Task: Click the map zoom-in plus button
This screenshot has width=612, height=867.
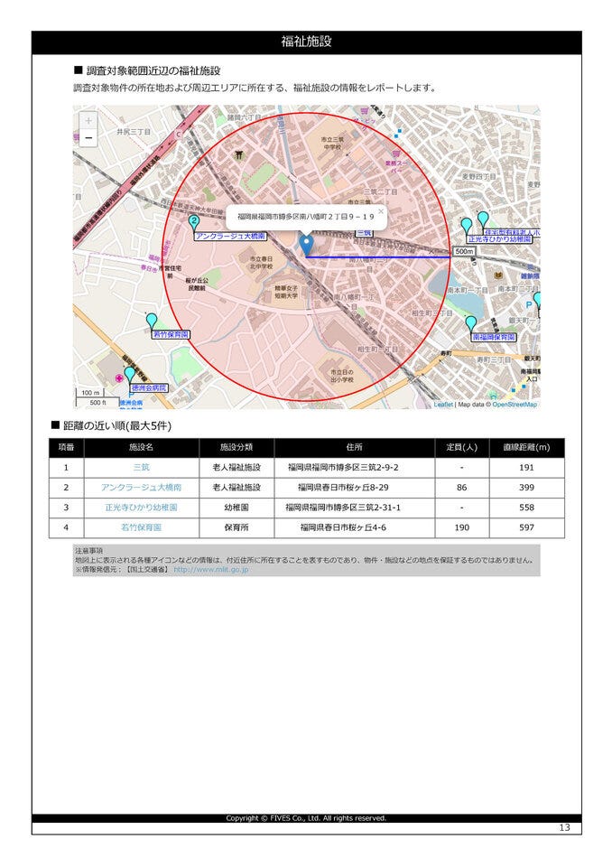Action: [x=88, y=120]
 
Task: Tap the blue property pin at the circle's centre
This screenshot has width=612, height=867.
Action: [x=306, y=243]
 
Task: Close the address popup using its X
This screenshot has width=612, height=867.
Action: [x=380, y=212]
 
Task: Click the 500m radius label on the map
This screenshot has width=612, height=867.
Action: [x=464, y=251]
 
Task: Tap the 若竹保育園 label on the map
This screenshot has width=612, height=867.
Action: [x=170, y=334]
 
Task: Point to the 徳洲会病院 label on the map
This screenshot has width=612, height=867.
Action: [x=149, y=387]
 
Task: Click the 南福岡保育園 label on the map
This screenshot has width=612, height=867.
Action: [x=494, y=337]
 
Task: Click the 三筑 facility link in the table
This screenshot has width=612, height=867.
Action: [x=142, y=468]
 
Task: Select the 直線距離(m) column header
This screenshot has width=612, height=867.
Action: [x=527, y=447]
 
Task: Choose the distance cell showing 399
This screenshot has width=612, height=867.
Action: [x=527, y=488]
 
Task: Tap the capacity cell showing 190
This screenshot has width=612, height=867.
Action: [x=461, y=527]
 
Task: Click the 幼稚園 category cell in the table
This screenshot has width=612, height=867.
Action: [x=236, y=508]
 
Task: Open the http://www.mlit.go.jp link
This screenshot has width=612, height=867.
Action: [x=211, y=570]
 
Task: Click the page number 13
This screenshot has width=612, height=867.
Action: [x=564, y=828]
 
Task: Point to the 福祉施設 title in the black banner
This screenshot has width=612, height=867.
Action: [x=306, y=42]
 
